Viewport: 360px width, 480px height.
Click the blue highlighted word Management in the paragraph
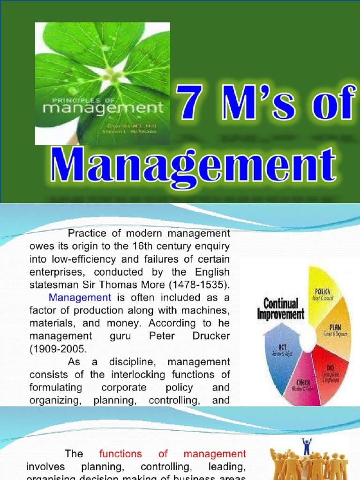pos(80,297)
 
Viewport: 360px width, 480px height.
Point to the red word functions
pos(120,453)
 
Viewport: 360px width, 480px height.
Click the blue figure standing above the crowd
pos(307,447)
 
